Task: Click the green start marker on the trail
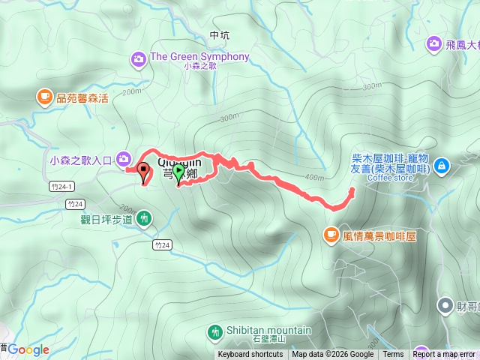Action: [178, 172]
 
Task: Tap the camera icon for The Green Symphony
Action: [138, 58]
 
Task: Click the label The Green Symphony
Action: [199, 57]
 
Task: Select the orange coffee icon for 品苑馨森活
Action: [44, 96]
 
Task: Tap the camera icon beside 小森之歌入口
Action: [122, 158]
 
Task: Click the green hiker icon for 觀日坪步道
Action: [143, 219]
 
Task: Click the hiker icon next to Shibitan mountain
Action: [215, 331]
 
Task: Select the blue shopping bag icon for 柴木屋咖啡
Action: [442, 164]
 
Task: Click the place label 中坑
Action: [219, 35]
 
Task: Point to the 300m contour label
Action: [228, 118]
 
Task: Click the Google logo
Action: [28, 349]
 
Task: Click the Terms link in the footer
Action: [393, 355]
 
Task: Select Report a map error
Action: [444, 355]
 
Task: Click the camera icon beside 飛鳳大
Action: [434, 45]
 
